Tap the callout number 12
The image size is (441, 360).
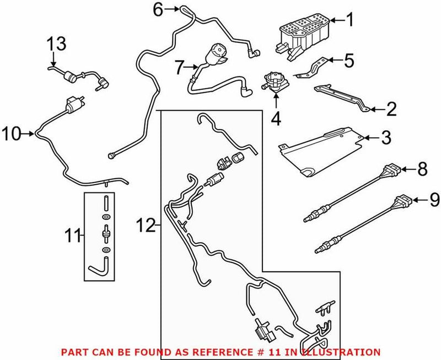(x=146, y=225)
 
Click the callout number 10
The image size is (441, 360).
(x=12, y=133)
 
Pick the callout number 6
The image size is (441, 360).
(x=158, y=9)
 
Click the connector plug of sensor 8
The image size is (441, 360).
(x=394, y=170)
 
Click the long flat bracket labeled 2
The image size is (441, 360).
(x=342, y=97)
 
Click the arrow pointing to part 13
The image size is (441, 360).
(x=53, y=58)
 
